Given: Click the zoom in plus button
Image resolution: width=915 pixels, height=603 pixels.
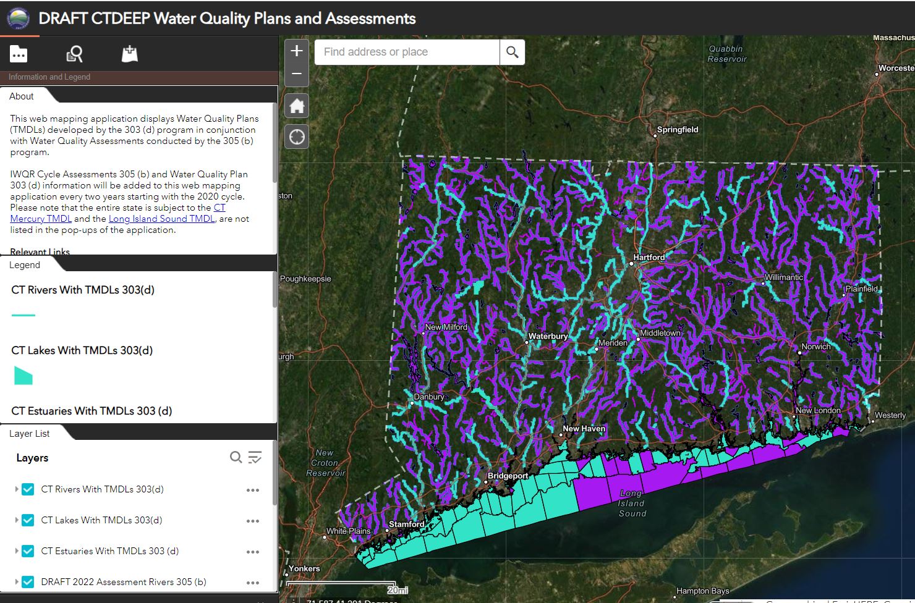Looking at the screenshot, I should pos(297,51).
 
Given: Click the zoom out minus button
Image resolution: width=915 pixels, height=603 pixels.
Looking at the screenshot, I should pos(297,74).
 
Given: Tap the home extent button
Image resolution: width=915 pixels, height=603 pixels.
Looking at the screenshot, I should pos(297,106).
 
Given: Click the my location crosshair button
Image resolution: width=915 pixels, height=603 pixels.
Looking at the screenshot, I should pos(297,137).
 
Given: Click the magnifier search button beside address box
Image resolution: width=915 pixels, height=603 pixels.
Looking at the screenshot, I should pos(513,52).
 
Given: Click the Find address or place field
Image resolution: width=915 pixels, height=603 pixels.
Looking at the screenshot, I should pos(407,52).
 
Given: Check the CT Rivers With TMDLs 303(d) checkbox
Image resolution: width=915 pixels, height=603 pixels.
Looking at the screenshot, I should pos(28,489).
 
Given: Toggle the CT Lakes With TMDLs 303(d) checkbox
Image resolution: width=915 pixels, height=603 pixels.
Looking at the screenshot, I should pos(28,520).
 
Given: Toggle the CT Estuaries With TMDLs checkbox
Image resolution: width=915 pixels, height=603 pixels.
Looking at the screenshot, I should pos(28,551).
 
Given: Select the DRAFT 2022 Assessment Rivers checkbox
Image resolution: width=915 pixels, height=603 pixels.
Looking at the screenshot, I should pos(28,582).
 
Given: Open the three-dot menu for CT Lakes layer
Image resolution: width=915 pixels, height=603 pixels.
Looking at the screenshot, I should pos(252,521).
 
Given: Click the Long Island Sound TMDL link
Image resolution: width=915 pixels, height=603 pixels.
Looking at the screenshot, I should pos(161,219).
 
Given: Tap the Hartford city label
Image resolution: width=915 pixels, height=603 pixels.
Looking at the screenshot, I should pos(649,257).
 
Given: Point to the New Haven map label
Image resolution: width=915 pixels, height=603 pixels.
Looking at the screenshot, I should pos(584,428).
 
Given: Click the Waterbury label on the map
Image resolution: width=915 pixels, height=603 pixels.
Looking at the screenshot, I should pos(548,336).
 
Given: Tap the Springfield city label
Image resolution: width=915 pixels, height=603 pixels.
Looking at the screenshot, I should pos(677,130).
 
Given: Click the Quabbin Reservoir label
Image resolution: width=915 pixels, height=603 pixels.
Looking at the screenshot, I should pos(726,54).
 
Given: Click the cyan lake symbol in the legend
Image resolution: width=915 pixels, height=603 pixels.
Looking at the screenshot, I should pos(23,375).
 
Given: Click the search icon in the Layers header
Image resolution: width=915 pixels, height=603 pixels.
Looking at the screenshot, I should pos(236,457).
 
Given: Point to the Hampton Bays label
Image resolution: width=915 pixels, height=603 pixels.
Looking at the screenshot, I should pos(702,591).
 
